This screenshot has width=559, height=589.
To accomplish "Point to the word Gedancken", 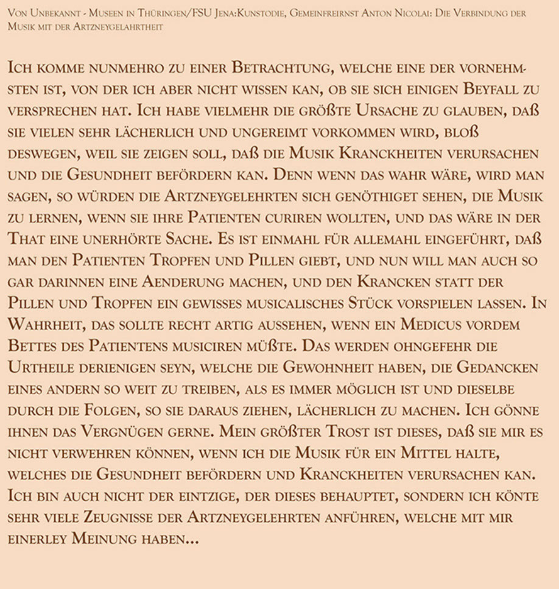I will pyautogui.click(x=494, y=369).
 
